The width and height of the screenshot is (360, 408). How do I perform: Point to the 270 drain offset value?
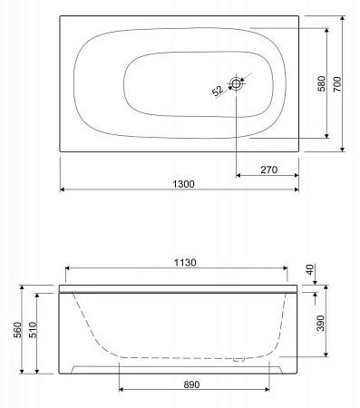268,168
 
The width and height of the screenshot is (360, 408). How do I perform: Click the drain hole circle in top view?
238,83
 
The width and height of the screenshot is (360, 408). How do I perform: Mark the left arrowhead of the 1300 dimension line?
63,189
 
